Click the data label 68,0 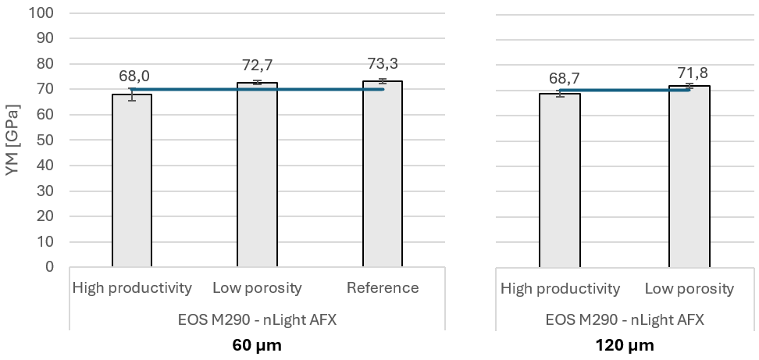pos(134,76)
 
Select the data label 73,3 pos(383,63)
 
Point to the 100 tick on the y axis pos(42,13)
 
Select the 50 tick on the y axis pos(45,141)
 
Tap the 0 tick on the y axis pos(49,267)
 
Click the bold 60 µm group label pos(257,344)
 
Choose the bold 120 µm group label pos(625,344)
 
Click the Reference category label pos(383,288)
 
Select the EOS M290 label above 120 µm pos(625,319)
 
